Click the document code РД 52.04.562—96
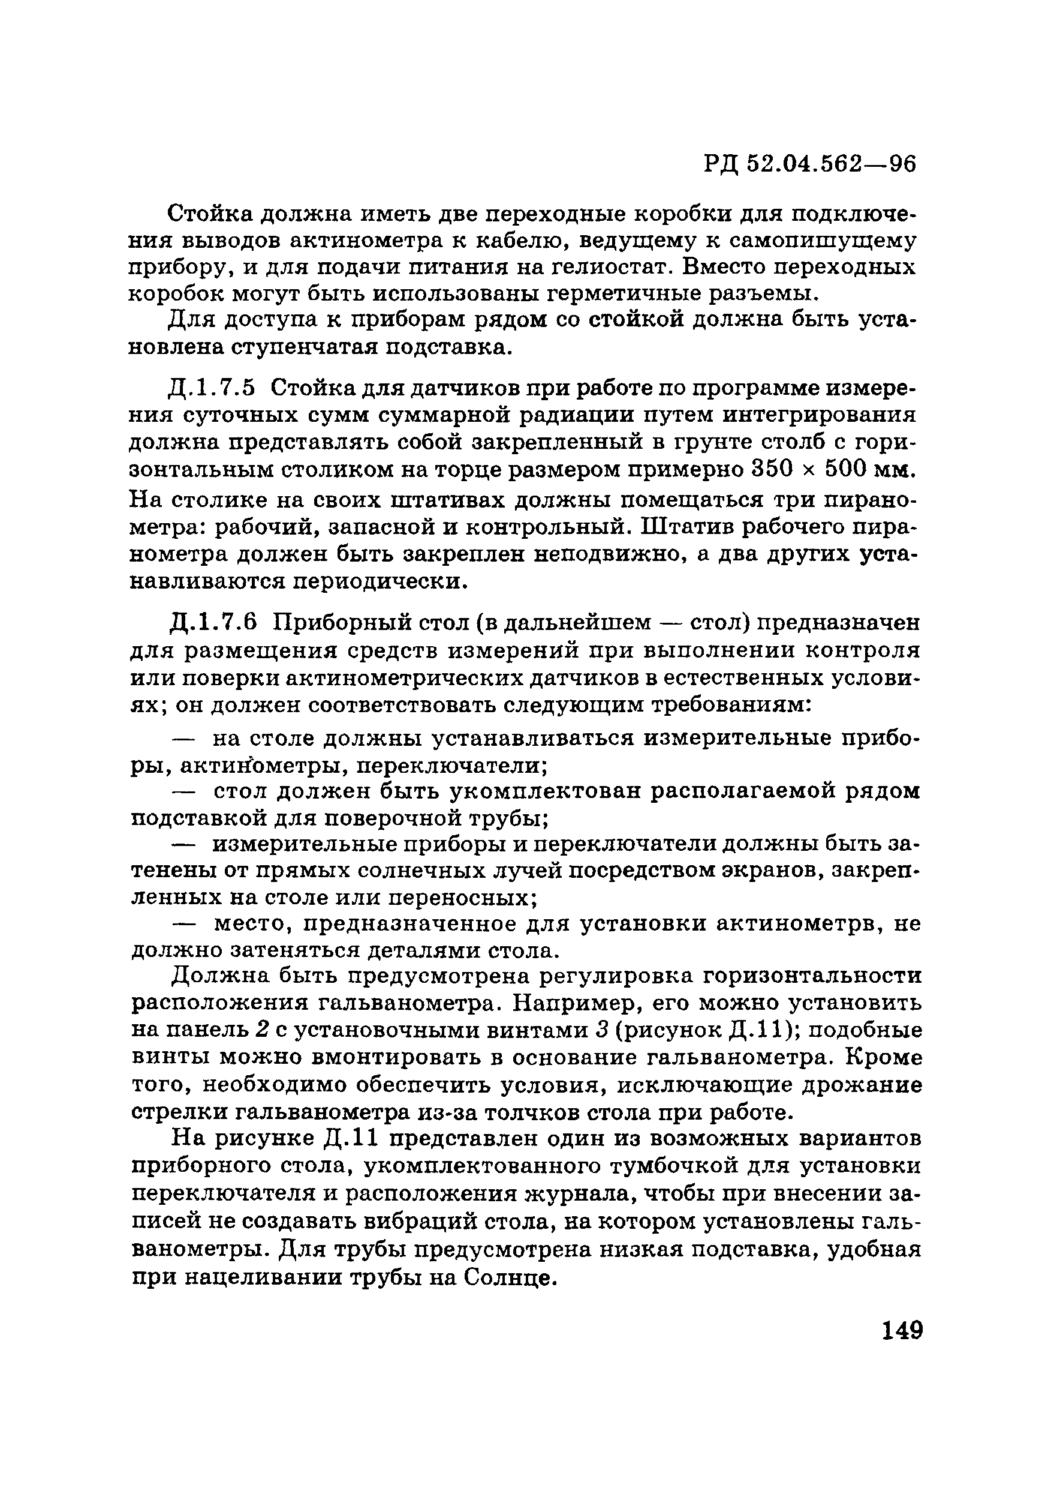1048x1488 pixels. click(809, 164)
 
